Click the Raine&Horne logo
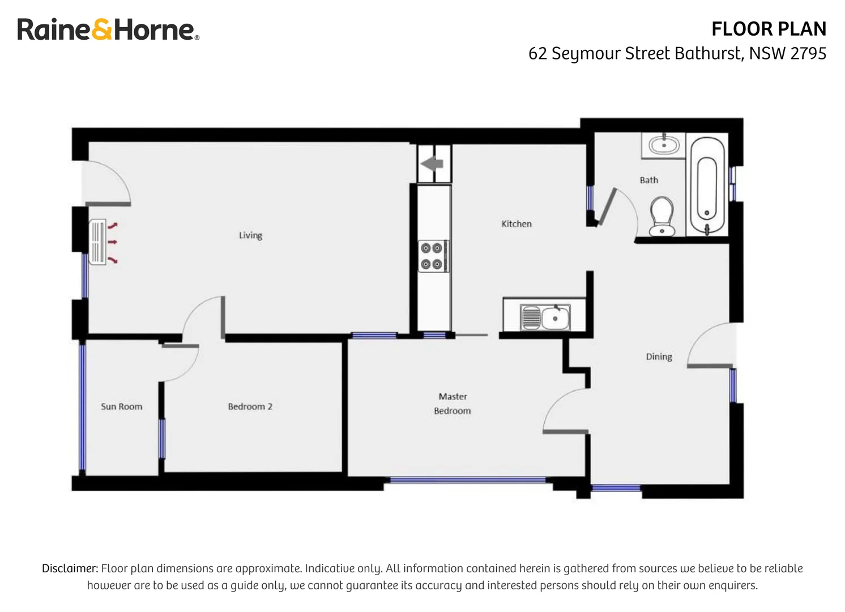[108, 29]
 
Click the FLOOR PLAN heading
[769, 29]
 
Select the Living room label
[250, 235]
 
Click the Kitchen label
[516, 224]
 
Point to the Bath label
[648, 180]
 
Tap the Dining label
[659, 356]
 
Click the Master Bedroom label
[453, 403]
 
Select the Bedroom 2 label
[250, 406]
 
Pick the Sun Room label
[121, 406]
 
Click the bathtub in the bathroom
[707, 186]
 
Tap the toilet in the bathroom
[661, 216]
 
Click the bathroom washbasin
[663, 145]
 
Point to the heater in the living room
[98, 243]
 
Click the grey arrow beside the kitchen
[432, 164]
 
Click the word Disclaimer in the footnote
[70, 568]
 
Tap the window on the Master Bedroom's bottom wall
[467, 481]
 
